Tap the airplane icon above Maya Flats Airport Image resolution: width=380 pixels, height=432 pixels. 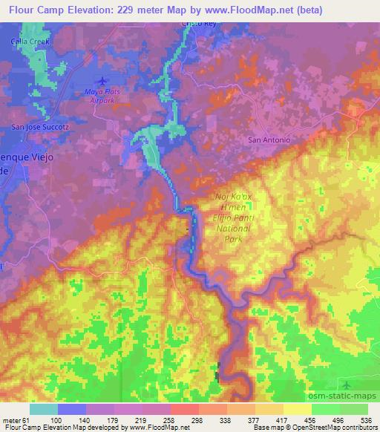102,80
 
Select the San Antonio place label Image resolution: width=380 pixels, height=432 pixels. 268,140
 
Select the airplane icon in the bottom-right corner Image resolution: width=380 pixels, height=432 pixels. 347,384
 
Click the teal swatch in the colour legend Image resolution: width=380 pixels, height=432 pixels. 44,409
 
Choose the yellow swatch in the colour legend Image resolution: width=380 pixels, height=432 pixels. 297,409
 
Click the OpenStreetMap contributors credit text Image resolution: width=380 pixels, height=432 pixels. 340,428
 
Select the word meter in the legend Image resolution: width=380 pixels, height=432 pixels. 11,419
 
